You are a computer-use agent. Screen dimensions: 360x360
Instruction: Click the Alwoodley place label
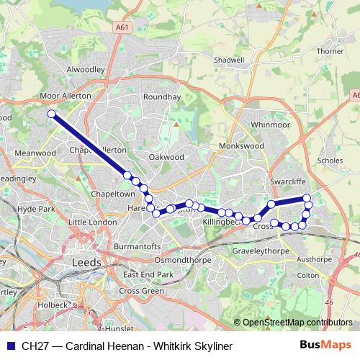(86, 70)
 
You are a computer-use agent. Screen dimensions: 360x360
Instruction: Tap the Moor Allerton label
(66, 95)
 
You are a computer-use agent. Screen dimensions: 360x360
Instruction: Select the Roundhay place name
(161, 96)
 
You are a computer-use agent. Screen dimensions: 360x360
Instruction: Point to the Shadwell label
(230, 60)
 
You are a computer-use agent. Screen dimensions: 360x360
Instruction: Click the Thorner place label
(330, 52)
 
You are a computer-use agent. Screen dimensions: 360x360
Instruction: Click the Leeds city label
(87, 263)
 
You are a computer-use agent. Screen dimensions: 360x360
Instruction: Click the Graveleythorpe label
(260, 251)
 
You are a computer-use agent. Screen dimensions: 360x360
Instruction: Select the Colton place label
(307, 274)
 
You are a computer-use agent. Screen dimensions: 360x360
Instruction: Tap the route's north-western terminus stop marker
(51, 114)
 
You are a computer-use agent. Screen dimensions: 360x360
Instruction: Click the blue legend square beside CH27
(11, 346)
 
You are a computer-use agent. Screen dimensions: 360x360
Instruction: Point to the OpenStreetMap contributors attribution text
(294, 323)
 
